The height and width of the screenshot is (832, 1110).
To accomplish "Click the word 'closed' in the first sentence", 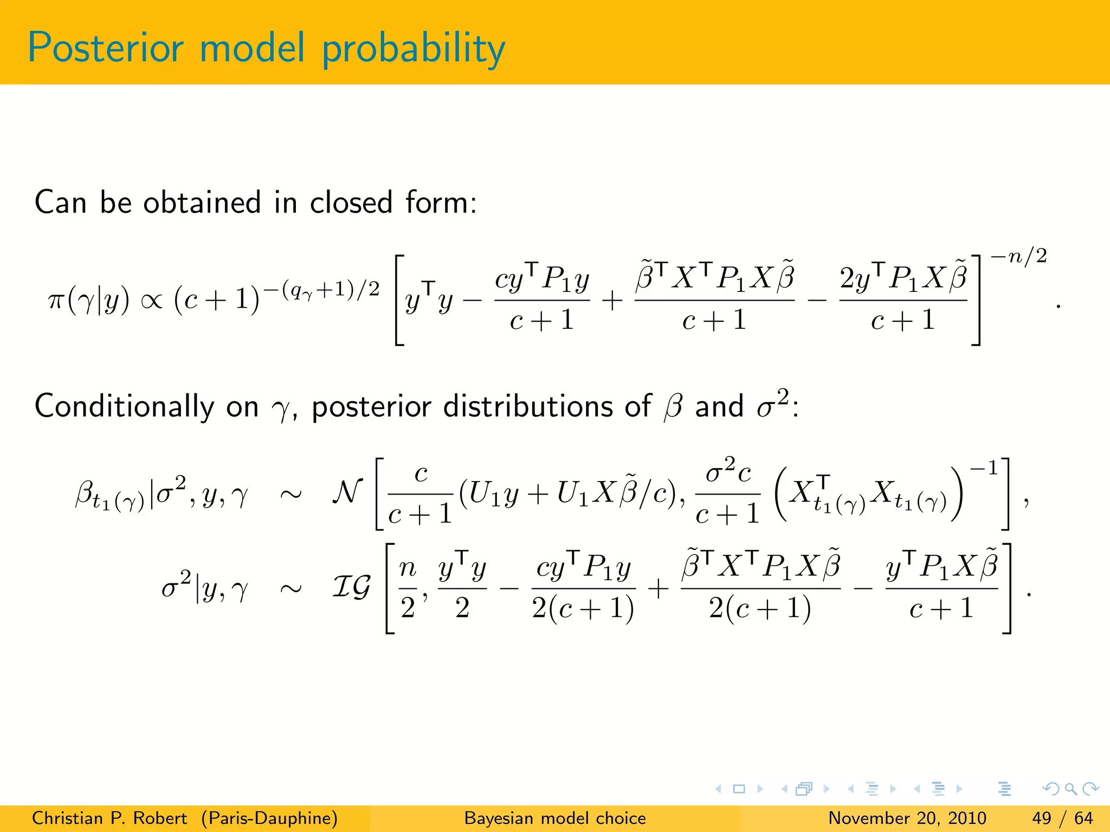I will (351, 203).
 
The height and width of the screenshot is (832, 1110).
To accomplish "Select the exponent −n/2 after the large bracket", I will (1018, 256).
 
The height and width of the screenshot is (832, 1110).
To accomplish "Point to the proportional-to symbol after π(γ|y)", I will (151, 301).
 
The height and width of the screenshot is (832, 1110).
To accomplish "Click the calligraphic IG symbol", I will (351, 587).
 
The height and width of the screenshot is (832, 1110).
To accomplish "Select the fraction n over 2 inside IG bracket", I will (408, 588).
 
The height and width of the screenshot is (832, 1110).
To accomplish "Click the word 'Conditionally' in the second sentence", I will (124, 407).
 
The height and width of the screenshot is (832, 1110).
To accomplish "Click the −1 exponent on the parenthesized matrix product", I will (983, 468).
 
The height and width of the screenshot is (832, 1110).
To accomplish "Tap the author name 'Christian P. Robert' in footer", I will (109, 818).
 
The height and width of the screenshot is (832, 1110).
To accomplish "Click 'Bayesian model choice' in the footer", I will (555, 818).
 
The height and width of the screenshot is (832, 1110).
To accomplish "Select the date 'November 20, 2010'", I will (907, 818).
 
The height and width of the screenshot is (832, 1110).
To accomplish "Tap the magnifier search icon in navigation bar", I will (1070, 789).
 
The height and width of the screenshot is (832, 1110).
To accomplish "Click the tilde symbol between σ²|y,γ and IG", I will (291, 589).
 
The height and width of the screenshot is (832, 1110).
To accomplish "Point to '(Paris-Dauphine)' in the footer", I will (269, 818).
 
